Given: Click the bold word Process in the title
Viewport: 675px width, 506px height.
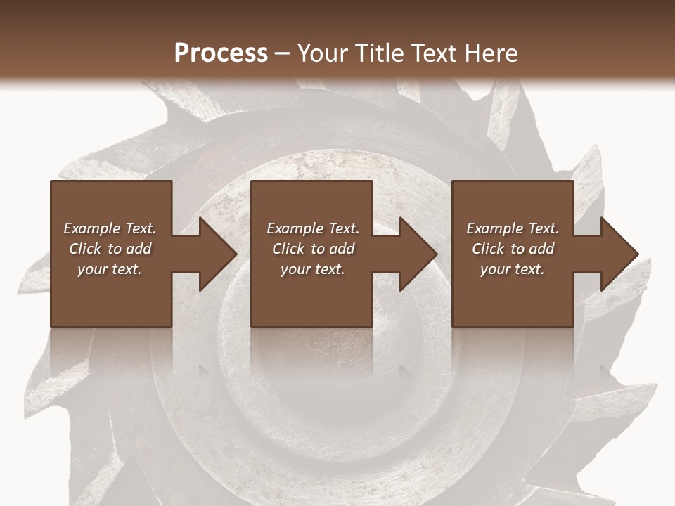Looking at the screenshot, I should point(221,53).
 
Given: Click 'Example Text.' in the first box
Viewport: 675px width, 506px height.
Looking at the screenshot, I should point(110,228).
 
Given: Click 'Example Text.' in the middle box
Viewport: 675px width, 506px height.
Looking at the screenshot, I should point(313,228).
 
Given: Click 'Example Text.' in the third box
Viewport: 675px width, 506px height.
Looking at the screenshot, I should point(513,228).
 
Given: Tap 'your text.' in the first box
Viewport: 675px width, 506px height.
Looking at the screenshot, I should point(110,269).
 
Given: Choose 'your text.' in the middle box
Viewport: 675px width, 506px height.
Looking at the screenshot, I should point(313,269).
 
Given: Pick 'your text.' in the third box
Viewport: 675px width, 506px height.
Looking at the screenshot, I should point(513,269).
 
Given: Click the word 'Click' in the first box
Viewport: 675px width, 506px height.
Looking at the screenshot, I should point(85,249).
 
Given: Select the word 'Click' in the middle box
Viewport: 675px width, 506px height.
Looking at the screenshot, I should point(288,249).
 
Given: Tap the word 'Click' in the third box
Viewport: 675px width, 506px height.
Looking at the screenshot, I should point(488,249).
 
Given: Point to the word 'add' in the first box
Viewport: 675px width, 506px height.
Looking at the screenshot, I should point(139,249).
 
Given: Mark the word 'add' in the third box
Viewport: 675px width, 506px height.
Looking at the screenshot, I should point(542,249).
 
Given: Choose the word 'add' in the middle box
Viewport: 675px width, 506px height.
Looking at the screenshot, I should point(342,249).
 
